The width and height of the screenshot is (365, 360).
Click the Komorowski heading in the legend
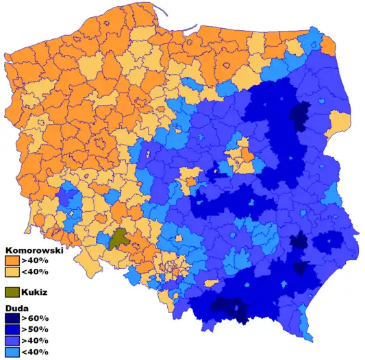[x=34, y=251]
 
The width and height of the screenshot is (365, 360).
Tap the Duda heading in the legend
[x=18, y=309]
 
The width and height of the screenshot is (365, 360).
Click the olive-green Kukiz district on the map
[x=119, y=239]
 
